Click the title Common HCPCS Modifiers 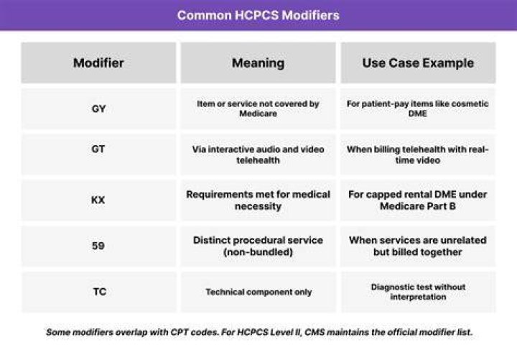point(258,16)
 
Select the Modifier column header point(98,63)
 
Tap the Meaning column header point(258,63)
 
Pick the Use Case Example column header point(418,63)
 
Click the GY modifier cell point(98,109)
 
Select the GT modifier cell point(98,154)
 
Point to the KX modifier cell point(98,200)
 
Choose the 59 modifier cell point(98,246)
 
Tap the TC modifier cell point(98,292)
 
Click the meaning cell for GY point(258,109)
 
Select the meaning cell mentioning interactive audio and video point(258,154)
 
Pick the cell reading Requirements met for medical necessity point(258,200)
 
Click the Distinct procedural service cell point(258,246)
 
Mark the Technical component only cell point(258,292)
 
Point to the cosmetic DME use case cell point(418,109)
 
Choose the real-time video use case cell point(418,154)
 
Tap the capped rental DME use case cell point(418,200)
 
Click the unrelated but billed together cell point(418,246)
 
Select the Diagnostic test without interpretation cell point(418,292)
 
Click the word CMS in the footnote point(315,332)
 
